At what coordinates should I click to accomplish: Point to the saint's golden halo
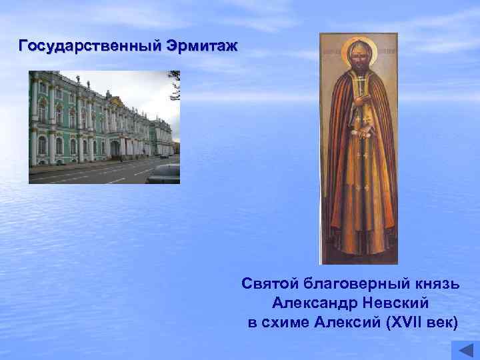tap(359, 51)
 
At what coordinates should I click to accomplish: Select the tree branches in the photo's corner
tap(174, 83)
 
